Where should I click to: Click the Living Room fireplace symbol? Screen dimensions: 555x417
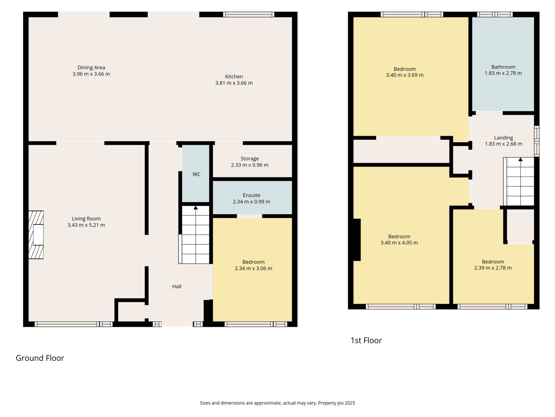[x=36, y=235]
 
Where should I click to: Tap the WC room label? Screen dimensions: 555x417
[x=196, y=174]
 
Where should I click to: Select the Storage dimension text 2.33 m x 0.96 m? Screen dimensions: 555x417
[x=250, y=165]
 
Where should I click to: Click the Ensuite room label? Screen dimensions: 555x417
[x=251, y=195]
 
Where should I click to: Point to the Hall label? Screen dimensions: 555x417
[x=177, y=286]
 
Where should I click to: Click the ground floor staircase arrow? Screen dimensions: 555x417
[x=196, y=207]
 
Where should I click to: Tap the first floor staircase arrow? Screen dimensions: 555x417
[x=521, y=159]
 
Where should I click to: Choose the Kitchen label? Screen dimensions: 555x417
[x=234, y=76]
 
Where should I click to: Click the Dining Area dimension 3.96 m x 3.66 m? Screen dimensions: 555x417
[x=91, y=74]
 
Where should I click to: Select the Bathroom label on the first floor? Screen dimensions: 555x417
[x=503, y=67]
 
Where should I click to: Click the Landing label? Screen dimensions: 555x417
[x=504, y=138]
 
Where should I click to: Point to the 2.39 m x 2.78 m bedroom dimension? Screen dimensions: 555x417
[x=493, y=268]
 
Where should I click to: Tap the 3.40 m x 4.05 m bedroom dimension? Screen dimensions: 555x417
[x=399, y=243]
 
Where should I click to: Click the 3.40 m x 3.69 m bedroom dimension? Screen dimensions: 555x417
[x=405, y=75]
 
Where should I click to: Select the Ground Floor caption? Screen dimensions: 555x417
[x=40, y=358]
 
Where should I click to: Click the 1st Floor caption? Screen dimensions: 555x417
[x=366, y=341]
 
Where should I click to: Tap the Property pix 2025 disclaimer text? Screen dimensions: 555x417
[x=336, y=403]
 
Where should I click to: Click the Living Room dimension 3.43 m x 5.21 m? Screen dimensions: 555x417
[x=86, y=225]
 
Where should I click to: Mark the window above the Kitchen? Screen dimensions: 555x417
[x=249, y=14]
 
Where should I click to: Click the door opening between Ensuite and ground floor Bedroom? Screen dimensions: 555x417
[x=249, y=216]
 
